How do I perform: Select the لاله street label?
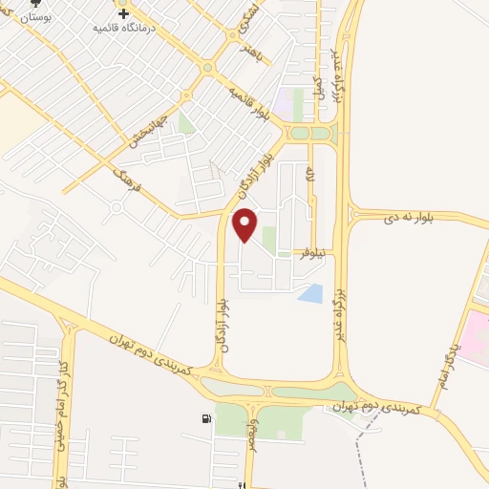(x=310, y=176)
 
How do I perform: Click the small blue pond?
(x=310, y=293)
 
